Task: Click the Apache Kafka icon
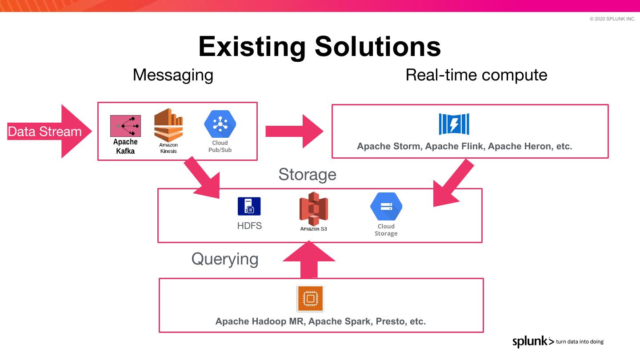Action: (125, 126)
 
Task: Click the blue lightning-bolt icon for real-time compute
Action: (454, 124)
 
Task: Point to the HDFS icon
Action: (249, 207)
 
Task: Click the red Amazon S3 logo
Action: (313, 209)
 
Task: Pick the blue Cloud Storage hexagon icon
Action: (386, 207)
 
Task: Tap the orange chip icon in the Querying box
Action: (310, 298)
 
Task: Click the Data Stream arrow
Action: (49, 132)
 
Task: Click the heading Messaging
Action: (173, 75)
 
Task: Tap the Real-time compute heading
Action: (476, 75)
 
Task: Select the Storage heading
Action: (307, 174)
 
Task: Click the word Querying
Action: (224, 259)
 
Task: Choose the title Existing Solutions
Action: (320, 46)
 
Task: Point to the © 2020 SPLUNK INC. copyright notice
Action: (612, 19)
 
